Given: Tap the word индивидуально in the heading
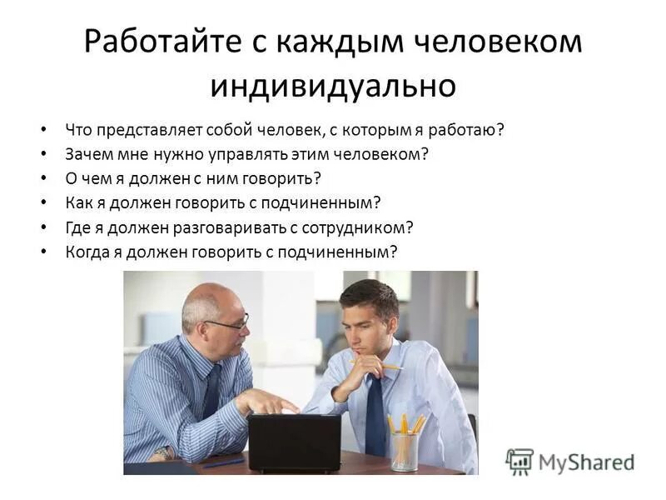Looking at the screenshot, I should tap(333, 85).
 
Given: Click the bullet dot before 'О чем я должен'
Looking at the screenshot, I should tap(43, 179).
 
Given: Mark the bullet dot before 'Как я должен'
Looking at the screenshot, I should tap(43, 203).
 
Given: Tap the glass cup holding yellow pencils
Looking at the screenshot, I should tap(405, 451).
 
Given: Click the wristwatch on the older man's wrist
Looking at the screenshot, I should tap(161, 453).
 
